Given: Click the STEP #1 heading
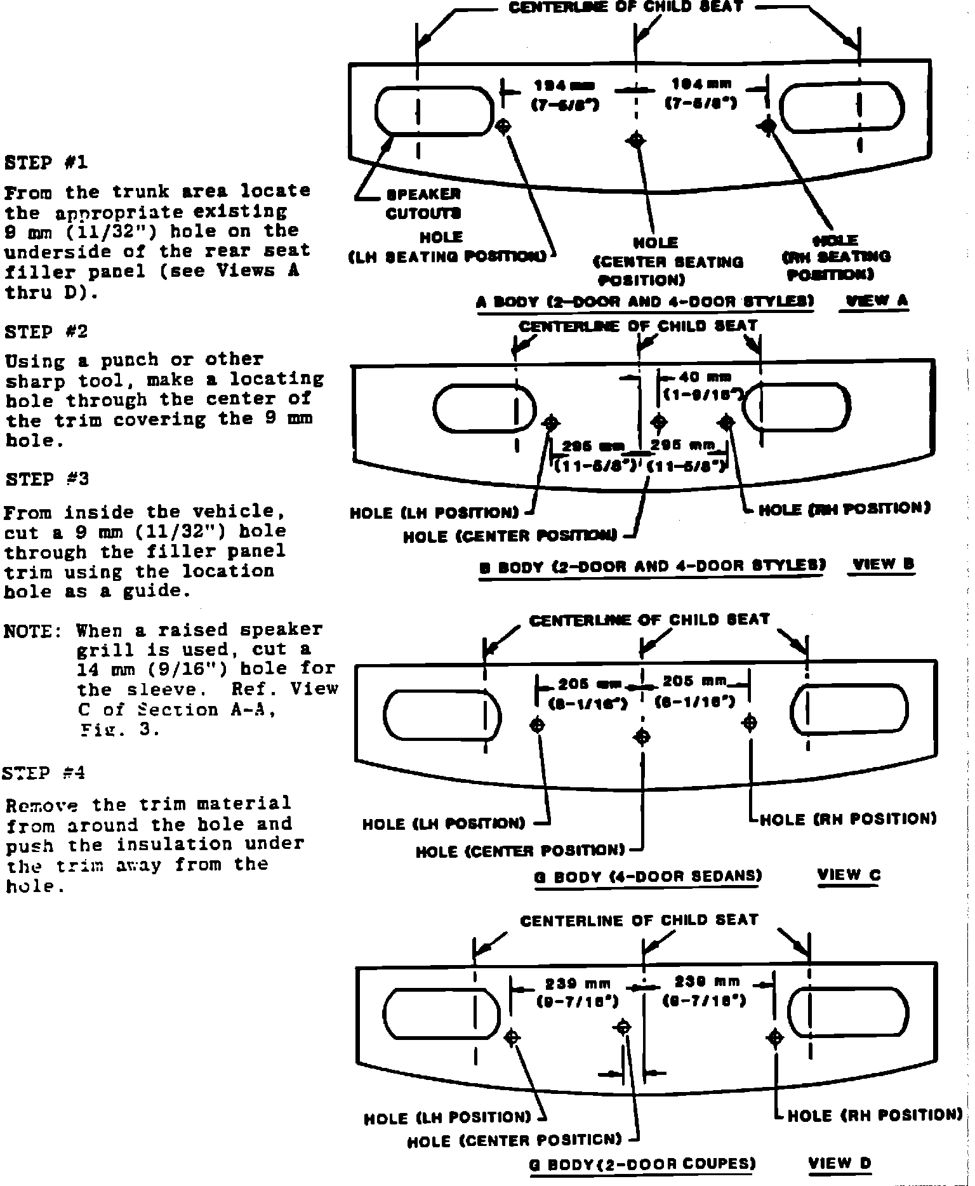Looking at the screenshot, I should point(46,163).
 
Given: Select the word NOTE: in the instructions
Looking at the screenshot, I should point(33,631).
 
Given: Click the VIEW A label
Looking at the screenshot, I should point(875,301).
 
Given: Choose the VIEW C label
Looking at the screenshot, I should point(849,875).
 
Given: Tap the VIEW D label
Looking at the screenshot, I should point(840,1163).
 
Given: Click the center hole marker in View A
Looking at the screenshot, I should point(637,140).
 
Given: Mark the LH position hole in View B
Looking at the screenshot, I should point(551,423).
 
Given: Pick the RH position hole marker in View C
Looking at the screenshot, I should point(750,723).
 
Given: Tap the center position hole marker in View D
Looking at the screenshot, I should point(623,1027).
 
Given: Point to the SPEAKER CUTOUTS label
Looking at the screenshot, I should point(423,203).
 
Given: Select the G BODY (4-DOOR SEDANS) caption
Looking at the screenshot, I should point(647,877).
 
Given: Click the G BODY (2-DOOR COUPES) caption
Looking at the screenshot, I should point(642,1164).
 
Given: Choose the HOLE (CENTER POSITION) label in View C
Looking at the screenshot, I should point(521,851).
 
